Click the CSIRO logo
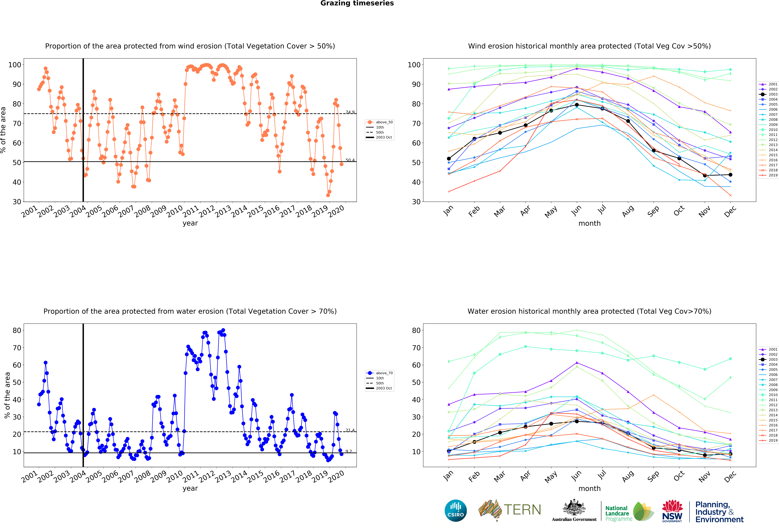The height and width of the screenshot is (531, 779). (456, 511)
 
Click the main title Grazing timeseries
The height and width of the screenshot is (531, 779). (357, 3)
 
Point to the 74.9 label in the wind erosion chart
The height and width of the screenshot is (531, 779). (350, 112)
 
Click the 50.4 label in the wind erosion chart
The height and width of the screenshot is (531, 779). (350, 160)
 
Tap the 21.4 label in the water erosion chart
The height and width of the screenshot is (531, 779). (350, 430)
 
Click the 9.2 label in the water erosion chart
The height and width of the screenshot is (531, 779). (349, 451)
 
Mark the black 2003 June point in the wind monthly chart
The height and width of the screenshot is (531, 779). (577, 105)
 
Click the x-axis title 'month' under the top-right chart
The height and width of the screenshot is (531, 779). (589, 223)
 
